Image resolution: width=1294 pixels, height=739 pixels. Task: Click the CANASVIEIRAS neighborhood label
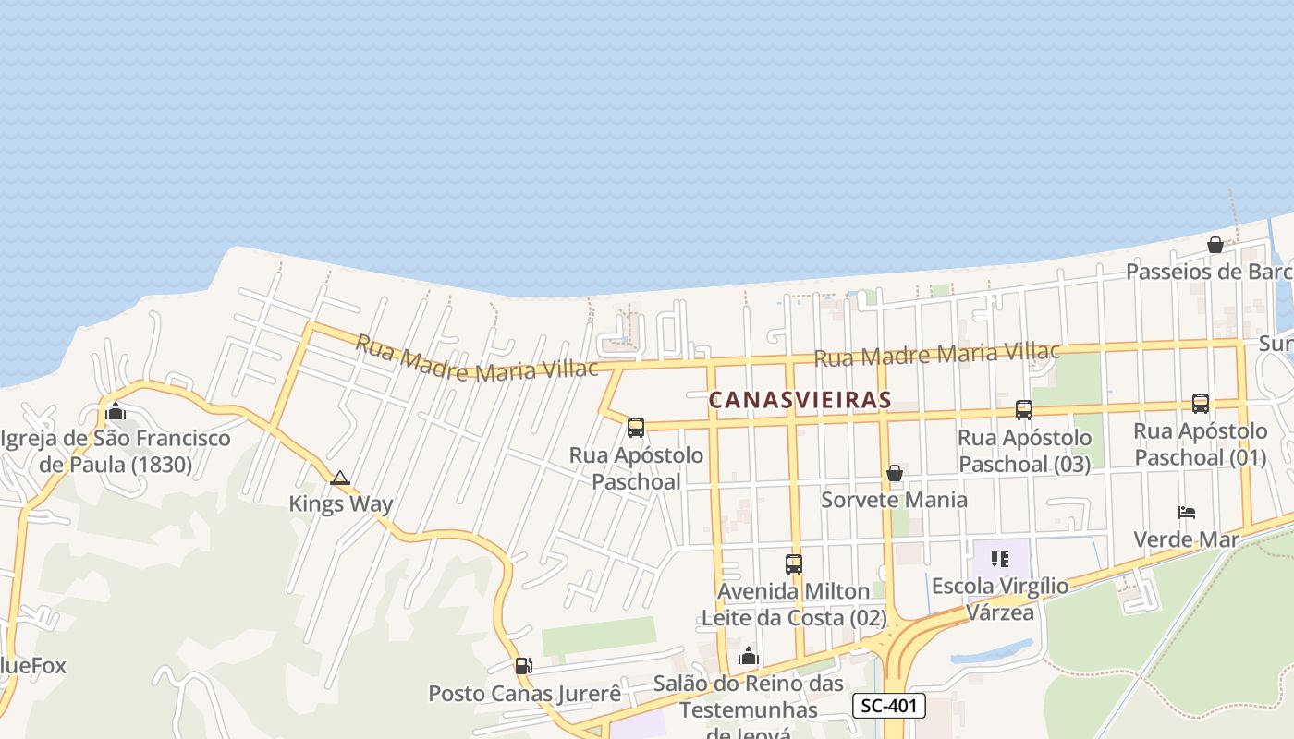click(x=800, y=399)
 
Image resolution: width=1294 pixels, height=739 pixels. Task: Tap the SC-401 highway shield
click(x=888, y=706)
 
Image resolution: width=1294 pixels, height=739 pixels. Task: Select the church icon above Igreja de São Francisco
click(x=116, y=411)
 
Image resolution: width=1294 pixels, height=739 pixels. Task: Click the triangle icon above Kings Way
click(x=340, y=478)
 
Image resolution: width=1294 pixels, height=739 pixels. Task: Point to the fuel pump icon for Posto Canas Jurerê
click(x=523, y=665)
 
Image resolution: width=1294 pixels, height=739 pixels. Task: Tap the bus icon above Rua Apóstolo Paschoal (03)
click(x=1023, y=409)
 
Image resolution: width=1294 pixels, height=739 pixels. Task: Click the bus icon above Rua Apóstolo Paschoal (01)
click(x=1200, y=403)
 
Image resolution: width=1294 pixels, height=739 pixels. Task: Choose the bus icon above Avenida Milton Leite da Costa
click(x=793, y=563)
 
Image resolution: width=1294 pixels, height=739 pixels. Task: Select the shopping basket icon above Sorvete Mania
click(x=894, y=473)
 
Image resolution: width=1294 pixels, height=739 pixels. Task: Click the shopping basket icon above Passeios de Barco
click(x=1215, y=245)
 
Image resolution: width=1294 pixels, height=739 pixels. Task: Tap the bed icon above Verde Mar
click(x=1187, y=512)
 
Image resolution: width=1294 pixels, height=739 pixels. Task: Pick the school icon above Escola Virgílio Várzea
click(x=999, y=558)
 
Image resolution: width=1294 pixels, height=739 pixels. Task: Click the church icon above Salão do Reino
click(x=749, y=657)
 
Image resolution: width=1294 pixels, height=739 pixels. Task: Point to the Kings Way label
click(x=340, y=503)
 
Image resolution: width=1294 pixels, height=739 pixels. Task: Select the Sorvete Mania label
click(x=894, y=500)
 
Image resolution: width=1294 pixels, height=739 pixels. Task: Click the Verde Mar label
click(x=1186, y=539)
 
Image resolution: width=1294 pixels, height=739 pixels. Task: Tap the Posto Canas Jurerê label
click(x=524, y=693)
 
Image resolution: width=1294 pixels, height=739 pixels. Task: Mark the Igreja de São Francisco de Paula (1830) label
click(x=116, y=451)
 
